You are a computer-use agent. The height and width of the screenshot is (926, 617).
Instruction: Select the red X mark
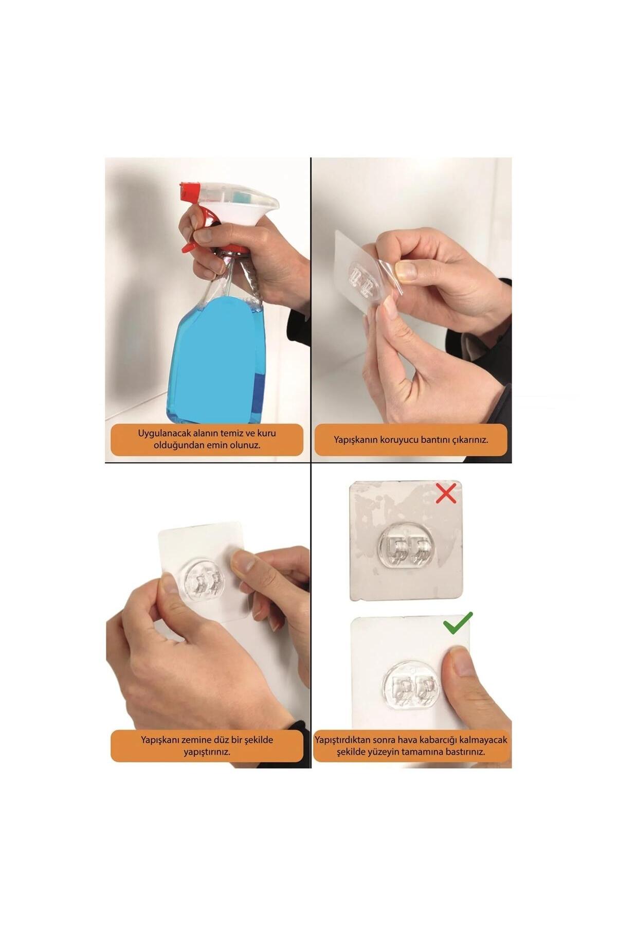pyautogui.click(x=446, y=493)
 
